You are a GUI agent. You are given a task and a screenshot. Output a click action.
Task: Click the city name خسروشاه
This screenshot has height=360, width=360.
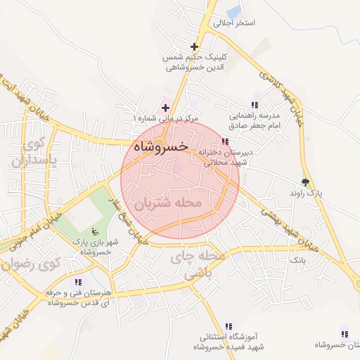coord(160,146)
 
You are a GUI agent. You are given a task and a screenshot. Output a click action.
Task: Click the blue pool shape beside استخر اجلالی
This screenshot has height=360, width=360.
coord(233,10)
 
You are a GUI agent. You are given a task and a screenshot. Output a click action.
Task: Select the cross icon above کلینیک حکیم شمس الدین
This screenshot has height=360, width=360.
coord(194,46)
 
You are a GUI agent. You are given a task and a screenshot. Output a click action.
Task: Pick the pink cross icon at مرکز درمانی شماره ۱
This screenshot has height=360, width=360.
coord(165,108)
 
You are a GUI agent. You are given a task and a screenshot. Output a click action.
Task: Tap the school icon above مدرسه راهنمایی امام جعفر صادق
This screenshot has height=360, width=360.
coord(255,105)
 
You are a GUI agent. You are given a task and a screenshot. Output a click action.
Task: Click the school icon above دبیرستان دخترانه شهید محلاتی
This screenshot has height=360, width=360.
coord(225,141)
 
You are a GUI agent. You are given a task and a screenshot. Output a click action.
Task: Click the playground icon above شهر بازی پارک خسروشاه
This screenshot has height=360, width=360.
coord(96,231)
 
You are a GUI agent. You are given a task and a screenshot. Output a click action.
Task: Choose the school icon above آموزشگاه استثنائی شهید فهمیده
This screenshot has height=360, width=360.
coord(229,326)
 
